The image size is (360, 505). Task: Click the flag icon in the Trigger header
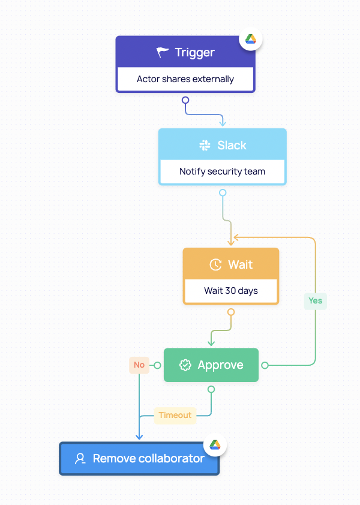coord(163,53)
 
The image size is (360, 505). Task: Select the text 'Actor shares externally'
coord(185,79)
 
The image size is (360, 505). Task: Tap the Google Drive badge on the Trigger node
coord(251,39)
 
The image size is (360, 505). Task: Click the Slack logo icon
coord(205,145)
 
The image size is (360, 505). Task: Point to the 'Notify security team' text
coord(222,172)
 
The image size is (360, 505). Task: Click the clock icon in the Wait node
coord(215,264)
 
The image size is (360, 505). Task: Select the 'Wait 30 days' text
coord(231,291)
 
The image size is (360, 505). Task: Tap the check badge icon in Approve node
coord(185,365)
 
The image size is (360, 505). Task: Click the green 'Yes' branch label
coord(315,300)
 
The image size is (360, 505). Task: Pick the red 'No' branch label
coord(139,365)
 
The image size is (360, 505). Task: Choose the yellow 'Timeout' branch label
coord(175,415)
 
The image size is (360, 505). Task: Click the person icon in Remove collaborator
coord(80,459)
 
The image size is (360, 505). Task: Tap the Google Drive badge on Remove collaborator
coord(215,444)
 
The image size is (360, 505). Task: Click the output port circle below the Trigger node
coord(185,100)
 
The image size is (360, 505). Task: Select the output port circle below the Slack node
coord(223,193)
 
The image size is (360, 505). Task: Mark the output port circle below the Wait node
coord(231,312)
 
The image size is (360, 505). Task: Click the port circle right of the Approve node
coord(265,365)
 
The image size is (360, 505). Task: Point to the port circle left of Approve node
coord(157,365)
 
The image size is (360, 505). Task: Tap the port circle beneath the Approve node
coord(211,389)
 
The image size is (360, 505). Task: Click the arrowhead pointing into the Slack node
coord(223,123)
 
